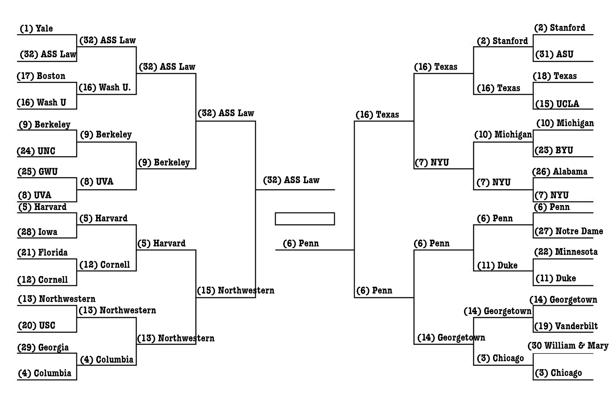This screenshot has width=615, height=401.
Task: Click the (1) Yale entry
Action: coord(36,28)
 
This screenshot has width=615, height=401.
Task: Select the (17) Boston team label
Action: coord(41,76)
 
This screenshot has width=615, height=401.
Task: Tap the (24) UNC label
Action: coord(36,151)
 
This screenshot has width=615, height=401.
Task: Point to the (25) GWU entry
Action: coord(37,172)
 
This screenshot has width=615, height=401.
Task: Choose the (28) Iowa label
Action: coord(37,232)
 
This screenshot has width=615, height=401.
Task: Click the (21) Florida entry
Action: coord(43,252)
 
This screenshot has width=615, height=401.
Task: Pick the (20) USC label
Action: coord(36,326)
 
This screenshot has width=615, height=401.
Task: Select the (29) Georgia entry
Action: coord(43,347)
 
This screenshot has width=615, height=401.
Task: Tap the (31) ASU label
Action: coord(554,54)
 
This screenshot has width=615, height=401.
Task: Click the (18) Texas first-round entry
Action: coord(555,76)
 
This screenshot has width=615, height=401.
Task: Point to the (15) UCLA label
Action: coord(557,104)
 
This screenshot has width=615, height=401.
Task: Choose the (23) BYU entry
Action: coord(554,150)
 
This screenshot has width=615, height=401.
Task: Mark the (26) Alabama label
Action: coord(560,172)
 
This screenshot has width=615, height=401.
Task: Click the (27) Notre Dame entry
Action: coord(569,231)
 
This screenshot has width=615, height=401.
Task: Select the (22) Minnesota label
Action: coord(566,252)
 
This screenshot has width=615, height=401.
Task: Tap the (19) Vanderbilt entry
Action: coord(566,326)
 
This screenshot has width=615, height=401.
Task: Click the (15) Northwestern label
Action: coord(235,290)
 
